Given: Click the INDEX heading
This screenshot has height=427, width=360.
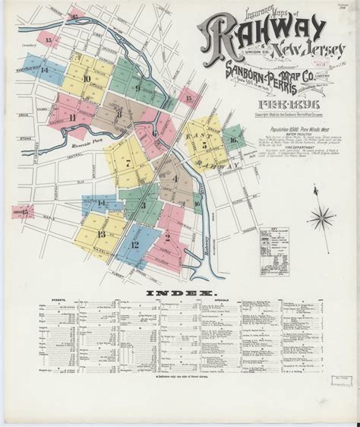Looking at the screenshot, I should (179, 293).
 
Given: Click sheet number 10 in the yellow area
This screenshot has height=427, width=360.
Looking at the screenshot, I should (87, 78).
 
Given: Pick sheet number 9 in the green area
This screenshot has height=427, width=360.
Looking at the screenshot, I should (137, 87).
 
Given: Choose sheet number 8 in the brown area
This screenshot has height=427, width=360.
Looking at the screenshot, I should (119, 114).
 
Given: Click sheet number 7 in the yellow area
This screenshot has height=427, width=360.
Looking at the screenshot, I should (128, 163).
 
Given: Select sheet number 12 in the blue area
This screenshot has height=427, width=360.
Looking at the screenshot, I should (134, 245).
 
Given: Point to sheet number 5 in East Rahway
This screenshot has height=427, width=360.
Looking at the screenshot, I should (204, 144).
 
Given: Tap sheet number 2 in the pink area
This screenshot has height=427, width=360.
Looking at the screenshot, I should (166, 237).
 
